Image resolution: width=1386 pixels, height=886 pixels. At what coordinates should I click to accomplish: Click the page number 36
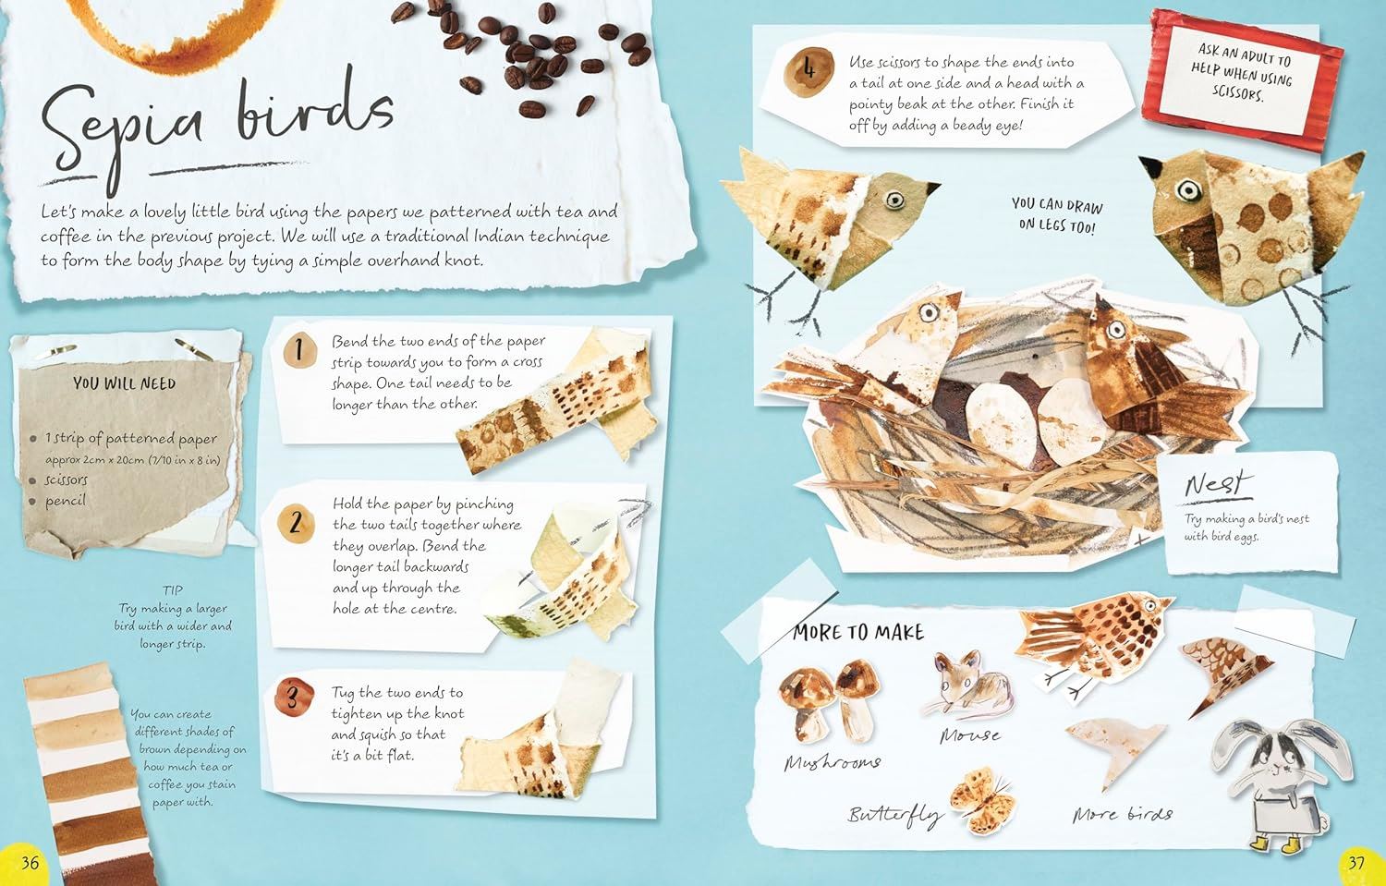(x=30, y=863)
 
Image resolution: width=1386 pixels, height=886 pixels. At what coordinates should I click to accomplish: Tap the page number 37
(x=1356, y=863)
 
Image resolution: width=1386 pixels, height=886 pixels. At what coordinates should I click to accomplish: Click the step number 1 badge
(x=299, y=351)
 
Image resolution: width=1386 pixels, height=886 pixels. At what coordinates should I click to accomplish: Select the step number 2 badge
(x=296, y=523)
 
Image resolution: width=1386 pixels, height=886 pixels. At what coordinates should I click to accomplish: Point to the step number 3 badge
(x=293, y=697)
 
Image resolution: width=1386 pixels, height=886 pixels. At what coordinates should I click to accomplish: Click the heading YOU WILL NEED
(x=125, y=383)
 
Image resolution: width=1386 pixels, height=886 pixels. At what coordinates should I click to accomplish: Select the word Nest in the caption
(x=1218, y=484)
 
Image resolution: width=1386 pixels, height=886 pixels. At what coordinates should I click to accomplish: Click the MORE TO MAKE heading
(x=858, y=632)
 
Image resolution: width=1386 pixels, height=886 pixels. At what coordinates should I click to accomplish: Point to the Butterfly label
(x=895, y=816)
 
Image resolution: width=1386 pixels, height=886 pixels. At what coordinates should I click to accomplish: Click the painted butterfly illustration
(x=982, y=799)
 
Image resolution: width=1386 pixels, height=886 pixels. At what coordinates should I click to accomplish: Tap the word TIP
(x=173, y=590)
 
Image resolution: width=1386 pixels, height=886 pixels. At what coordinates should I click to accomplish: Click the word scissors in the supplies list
(x=67, y=480)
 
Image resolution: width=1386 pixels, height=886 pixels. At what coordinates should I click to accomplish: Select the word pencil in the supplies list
(x=65, y=501)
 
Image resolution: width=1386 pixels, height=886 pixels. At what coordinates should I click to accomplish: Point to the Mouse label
(x=970, y=735)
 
